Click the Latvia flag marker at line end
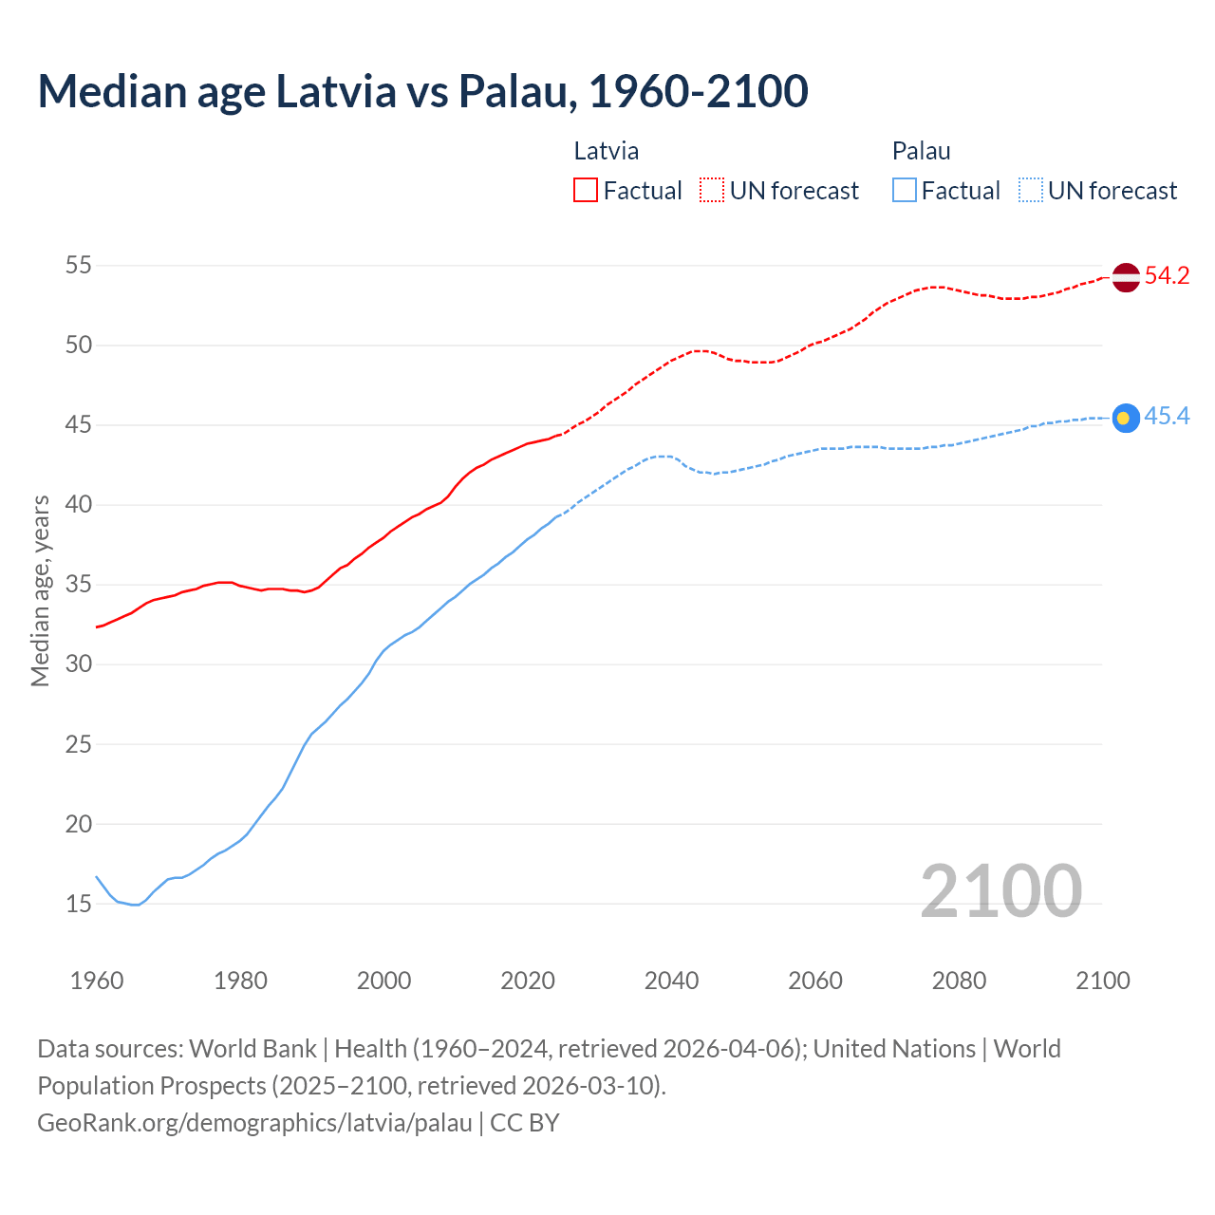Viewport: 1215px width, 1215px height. click(x=1125, y=277)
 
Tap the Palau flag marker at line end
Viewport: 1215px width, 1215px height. click(x=1125, y=418)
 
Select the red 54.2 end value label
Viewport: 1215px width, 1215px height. click(x=1167, y=276)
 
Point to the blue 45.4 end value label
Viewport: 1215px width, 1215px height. click(x=1167, y=417)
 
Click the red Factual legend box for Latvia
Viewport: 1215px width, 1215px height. click(x=586, y=191)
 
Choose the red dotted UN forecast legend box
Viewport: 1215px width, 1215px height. click(x=712, y=191)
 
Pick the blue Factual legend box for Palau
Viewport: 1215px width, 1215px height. click(x=905, y=191)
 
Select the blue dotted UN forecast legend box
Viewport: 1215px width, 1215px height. click(x=1031, y=191)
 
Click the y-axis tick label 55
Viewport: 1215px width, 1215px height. click(x=79, y=265)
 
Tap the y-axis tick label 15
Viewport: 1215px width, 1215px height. click(x=79, y=904)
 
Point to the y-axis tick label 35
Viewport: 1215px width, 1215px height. click(x=79, y=585)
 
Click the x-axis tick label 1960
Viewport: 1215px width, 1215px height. click(x=97, y=981)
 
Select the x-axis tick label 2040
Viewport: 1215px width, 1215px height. click(x=671, y=981)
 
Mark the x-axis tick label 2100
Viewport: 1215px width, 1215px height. click(x=1102, y=981)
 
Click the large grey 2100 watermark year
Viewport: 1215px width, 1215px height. click(x=1000, y=890)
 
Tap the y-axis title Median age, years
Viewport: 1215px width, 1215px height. click(x=40, y=590)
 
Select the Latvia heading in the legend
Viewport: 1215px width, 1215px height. click(x=606, y=151)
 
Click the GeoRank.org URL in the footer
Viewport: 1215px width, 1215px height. click(x=254, y=1123)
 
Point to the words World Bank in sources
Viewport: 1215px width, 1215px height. click(x=252, y=1049)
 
